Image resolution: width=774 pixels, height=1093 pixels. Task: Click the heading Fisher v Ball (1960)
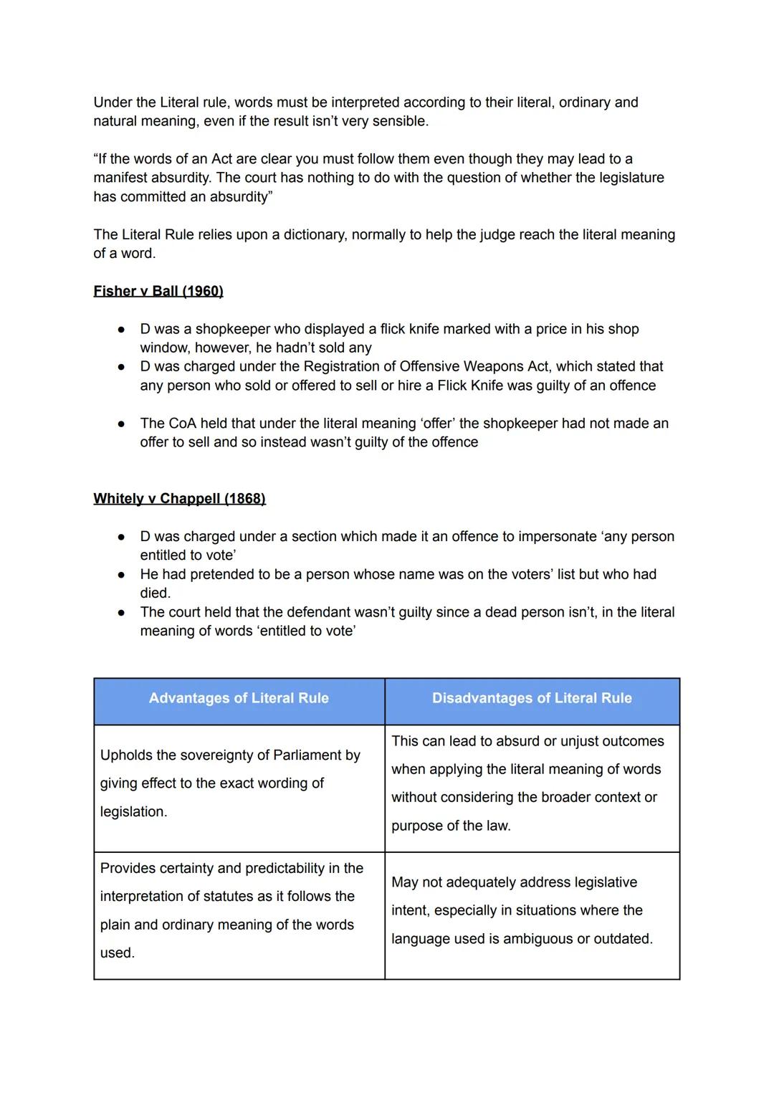pyautogui.click(x=158, y=291)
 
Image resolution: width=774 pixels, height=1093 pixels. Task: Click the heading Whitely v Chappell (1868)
pyautogui.click(x=179, y=499)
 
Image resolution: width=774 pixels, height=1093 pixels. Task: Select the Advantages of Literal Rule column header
pyautogui.click(x=239, y=698)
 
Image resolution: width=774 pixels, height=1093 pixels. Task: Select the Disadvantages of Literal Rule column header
pyautogui.click(x=532, y=698)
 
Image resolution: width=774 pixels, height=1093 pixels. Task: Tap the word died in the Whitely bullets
pyautogui.click(x=155, y=593)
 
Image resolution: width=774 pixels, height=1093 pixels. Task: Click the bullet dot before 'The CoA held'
pyautogui.click(x=122, y=424)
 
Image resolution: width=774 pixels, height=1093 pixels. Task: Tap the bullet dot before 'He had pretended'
pyautogui.click(x=122, y=575)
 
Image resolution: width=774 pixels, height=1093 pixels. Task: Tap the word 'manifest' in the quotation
pyautogui.click(x=120, y=178)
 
